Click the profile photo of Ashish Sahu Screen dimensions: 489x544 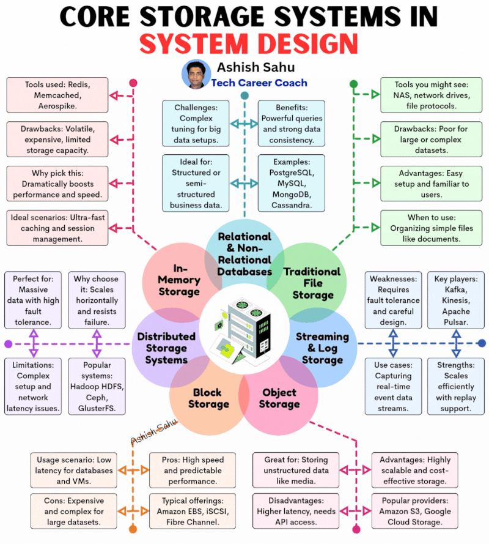coord(196,74)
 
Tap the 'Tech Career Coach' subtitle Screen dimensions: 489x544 coord(259,83)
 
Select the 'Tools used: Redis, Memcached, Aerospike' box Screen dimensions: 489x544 coord(57,95)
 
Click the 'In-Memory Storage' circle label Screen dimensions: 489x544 coord(179,280)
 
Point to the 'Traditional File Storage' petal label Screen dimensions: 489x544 coord(312,283)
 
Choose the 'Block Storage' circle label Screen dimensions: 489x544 coord(208,398)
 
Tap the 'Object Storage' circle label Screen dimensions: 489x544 coord(279,398)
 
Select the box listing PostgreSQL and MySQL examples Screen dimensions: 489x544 coord(292,183)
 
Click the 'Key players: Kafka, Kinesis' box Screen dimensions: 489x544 coord(456,300)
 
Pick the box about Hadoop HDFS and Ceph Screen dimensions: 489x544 coord(97,387)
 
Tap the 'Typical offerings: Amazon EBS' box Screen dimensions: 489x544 coord(193,511)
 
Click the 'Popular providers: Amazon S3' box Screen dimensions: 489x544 coord(415,511)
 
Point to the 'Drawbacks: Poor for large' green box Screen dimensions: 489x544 coord(431,139)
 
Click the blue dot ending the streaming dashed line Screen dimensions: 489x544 coord(482,343)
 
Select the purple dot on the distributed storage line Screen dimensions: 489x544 coord(9,344)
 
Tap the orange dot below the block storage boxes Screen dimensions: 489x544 coord(133,529)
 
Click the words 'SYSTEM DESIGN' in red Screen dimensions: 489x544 coord(249,43)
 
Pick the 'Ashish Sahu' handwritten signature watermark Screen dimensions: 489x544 coord(153,431)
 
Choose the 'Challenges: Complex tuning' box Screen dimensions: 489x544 coord(196,124)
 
